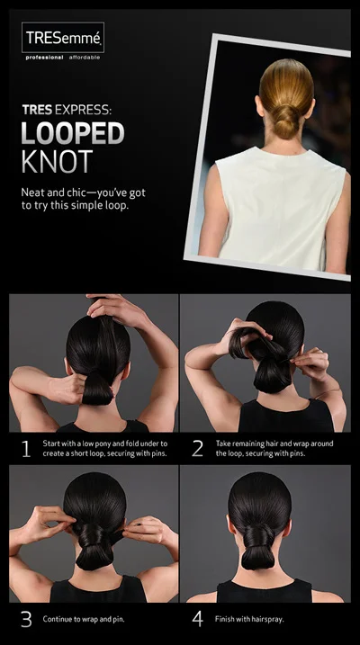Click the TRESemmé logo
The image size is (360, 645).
click(63, 38)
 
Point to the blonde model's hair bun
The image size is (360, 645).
click(285, 123)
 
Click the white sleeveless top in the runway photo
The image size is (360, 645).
click(275, 207)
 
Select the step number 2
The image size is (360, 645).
click(197, 448)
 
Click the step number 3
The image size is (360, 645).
click(26, 620)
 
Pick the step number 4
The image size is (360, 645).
click(197, 620)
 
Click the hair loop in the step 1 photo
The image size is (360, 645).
click(96, 390)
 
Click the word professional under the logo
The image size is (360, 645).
click(43, 57)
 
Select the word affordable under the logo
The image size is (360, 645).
click(85, 57)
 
